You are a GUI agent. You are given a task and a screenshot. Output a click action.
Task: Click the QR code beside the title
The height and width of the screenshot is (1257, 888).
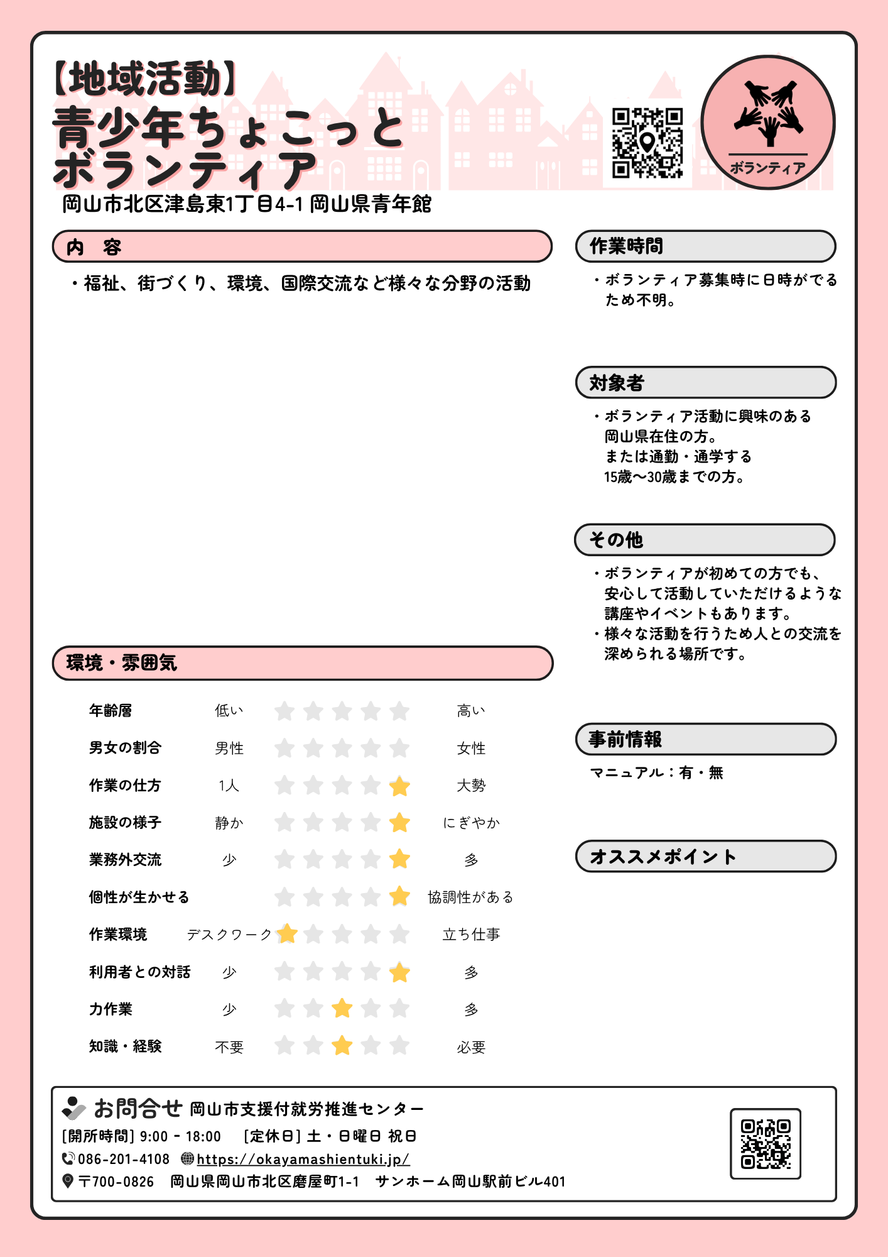647,143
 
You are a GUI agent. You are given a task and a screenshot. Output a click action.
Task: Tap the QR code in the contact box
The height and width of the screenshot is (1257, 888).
765,1143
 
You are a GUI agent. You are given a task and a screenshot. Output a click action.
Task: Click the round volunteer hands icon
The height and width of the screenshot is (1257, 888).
767,122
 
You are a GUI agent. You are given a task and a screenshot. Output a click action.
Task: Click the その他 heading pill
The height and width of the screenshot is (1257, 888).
705,540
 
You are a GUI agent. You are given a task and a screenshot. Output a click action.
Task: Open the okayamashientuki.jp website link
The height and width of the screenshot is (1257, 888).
303,1159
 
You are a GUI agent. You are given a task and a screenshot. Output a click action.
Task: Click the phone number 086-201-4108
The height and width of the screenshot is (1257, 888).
124,1159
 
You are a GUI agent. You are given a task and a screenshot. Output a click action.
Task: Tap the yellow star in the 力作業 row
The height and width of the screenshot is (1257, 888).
342,1009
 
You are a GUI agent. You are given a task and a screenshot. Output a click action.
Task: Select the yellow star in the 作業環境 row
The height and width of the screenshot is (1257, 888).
287,934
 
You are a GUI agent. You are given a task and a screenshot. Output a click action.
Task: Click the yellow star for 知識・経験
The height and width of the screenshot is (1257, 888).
342,1046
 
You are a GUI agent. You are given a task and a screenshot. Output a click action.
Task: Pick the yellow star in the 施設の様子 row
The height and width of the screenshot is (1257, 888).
399,822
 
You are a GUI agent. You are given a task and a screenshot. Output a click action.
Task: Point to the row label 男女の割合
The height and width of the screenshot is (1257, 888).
125,748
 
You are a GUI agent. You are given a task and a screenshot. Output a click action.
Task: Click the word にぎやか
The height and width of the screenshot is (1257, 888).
471,823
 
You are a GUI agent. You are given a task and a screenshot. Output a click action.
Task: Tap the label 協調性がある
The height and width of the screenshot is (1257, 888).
470,897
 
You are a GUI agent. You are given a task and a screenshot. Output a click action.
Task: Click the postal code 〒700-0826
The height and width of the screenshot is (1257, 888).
116,1182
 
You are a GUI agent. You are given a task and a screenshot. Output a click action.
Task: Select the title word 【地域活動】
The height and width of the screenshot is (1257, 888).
145,79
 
